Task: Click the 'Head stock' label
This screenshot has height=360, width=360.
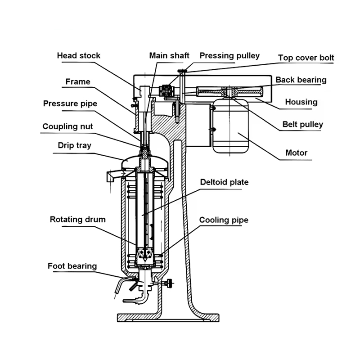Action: pyautogui.click(x=78, y=55)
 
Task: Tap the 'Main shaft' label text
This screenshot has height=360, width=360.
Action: pyautogui.click(x=169, y=55)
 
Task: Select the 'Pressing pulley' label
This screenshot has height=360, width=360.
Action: pyautogui.click(x=229, y=56)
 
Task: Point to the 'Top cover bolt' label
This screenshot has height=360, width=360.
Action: pyautogui.click(x=306, y=58)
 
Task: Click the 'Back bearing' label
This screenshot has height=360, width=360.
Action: pyautogui.click(x=301, y=80)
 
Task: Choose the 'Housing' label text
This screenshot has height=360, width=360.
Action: pyautogui.click(x=301, y=102)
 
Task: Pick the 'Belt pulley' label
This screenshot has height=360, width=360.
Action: pyautogui.click(x=302, y=124)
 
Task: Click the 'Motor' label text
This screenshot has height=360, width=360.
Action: pyautogui.click(x=296, y=153)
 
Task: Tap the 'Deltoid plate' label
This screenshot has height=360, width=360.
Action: pyautogui.click(x=224, y=182)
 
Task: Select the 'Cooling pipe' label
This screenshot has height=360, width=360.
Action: pyautogui.click(x=224, y=220)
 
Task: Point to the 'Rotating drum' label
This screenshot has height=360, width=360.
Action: pyautogui.click(x=77, y=220)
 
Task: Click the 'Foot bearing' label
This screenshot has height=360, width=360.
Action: pyautogui.click(x=72, y=266)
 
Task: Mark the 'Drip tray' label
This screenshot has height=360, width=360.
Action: pyautogui.click(x=74, y=145)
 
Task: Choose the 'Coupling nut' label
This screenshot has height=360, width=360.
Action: pyautogui.click(x=68, y=126)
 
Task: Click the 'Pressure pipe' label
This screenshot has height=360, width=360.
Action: pyautogui.click(x=70, y=103)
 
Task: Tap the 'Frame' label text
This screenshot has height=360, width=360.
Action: pyautogui.click(x=78, y=82)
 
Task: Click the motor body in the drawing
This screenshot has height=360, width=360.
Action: pyautogui.click(x=230, y=126)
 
